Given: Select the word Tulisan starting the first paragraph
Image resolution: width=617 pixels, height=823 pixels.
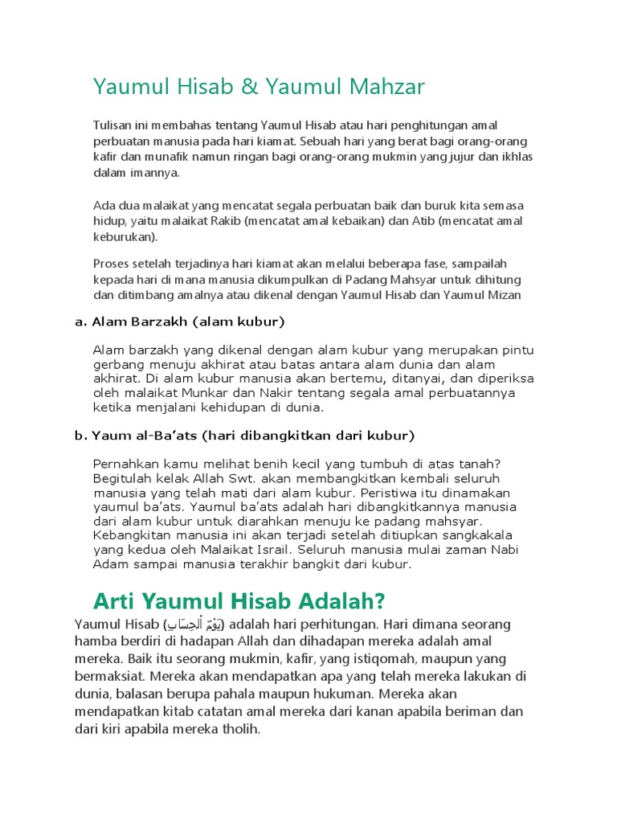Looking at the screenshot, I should (x=113, y=125).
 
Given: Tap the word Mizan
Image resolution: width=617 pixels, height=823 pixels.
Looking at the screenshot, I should (x=504, y=295).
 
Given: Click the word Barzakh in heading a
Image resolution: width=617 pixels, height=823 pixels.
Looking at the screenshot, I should (x=161, y=322).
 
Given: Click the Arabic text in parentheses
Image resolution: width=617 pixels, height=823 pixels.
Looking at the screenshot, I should (x=195, y=624).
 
